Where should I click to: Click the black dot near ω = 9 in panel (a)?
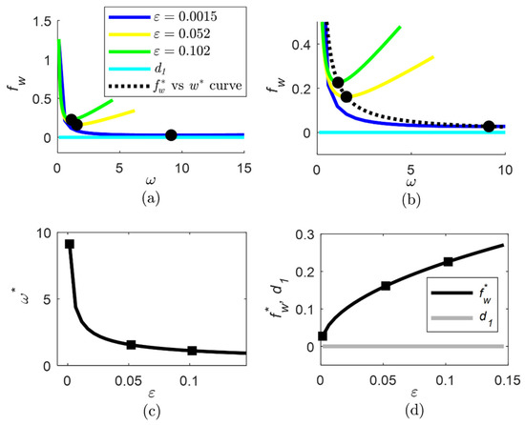click(x=171, y=135)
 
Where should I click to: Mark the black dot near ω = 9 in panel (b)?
click(x=489, y=127)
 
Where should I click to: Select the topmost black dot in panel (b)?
click(x=338, y=83)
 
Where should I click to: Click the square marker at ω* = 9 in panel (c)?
click(x=69, y=245)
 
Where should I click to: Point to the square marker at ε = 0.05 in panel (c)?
click(x=131, y=345)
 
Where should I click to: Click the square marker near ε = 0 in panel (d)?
click(x=323, y=335)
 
